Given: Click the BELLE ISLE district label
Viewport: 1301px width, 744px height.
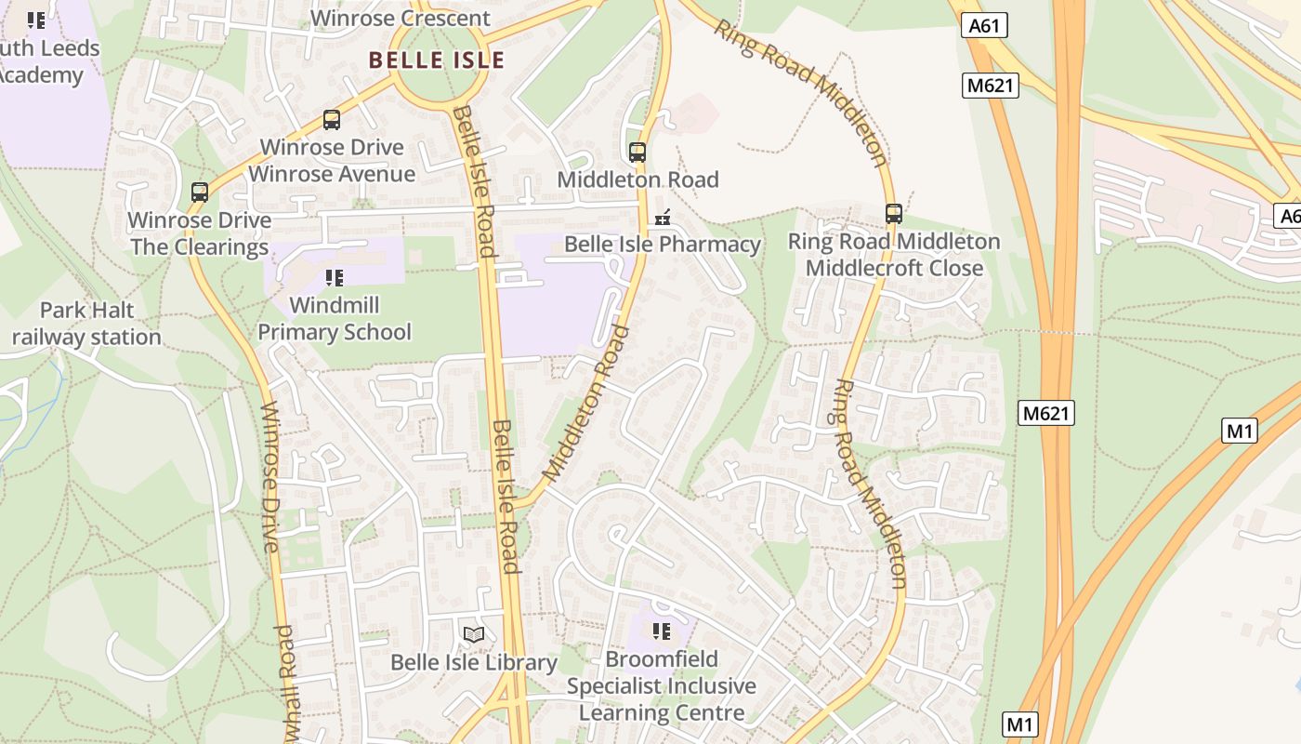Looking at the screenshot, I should [436, 60].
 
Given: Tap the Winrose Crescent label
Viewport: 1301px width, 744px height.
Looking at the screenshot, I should [401, 19].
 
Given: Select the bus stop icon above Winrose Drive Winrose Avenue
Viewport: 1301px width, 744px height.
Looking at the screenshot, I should [332, 120].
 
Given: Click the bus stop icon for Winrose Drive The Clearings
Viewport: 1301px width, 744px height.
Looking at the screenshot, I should [200, 193].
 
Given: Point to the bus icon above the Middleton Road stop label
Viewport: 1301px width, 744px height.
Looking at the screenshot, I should [637, 153].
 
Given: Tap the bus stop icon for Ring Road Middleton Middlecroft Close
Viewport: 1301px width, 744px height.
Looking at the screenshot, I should [894, 214].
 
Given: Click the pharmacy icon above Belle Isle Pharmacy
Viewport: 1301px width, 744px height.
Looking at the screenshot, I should [663, 218].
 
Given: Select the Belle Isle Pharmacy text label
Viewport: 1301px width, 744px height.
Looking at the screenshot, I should [663, 245].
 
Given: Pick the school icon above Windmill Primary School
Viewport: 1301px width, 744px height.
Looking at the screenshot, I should [335, 277].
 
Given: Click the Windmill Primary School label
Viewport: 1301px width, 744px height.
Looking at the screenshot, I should [335, 318].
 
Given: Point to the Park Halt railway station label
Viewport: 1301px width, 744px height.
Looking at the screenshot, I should [86, 324].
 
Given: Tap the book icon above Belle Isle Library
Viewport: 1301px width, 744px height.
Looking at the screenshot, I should [474, 635].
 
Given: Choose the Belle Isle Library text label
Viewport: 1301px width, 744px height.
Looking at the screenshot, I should [474, 663].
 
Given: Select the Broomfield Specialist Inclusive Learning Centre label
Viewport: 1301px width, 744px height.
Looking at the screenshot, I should [662, 686].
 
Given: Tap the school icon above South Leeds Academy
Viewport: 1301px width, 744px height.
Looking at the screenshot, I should [36, 20].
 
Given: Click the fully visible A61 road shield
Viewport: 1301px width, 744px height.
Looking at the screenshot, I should [984, 26].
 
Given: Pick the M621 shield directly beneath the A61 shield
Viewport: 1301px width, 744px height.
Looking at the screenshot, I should [991, 86].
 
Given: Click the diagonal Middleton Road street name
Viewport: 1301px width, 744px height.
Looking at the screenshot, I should [585, 403].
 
